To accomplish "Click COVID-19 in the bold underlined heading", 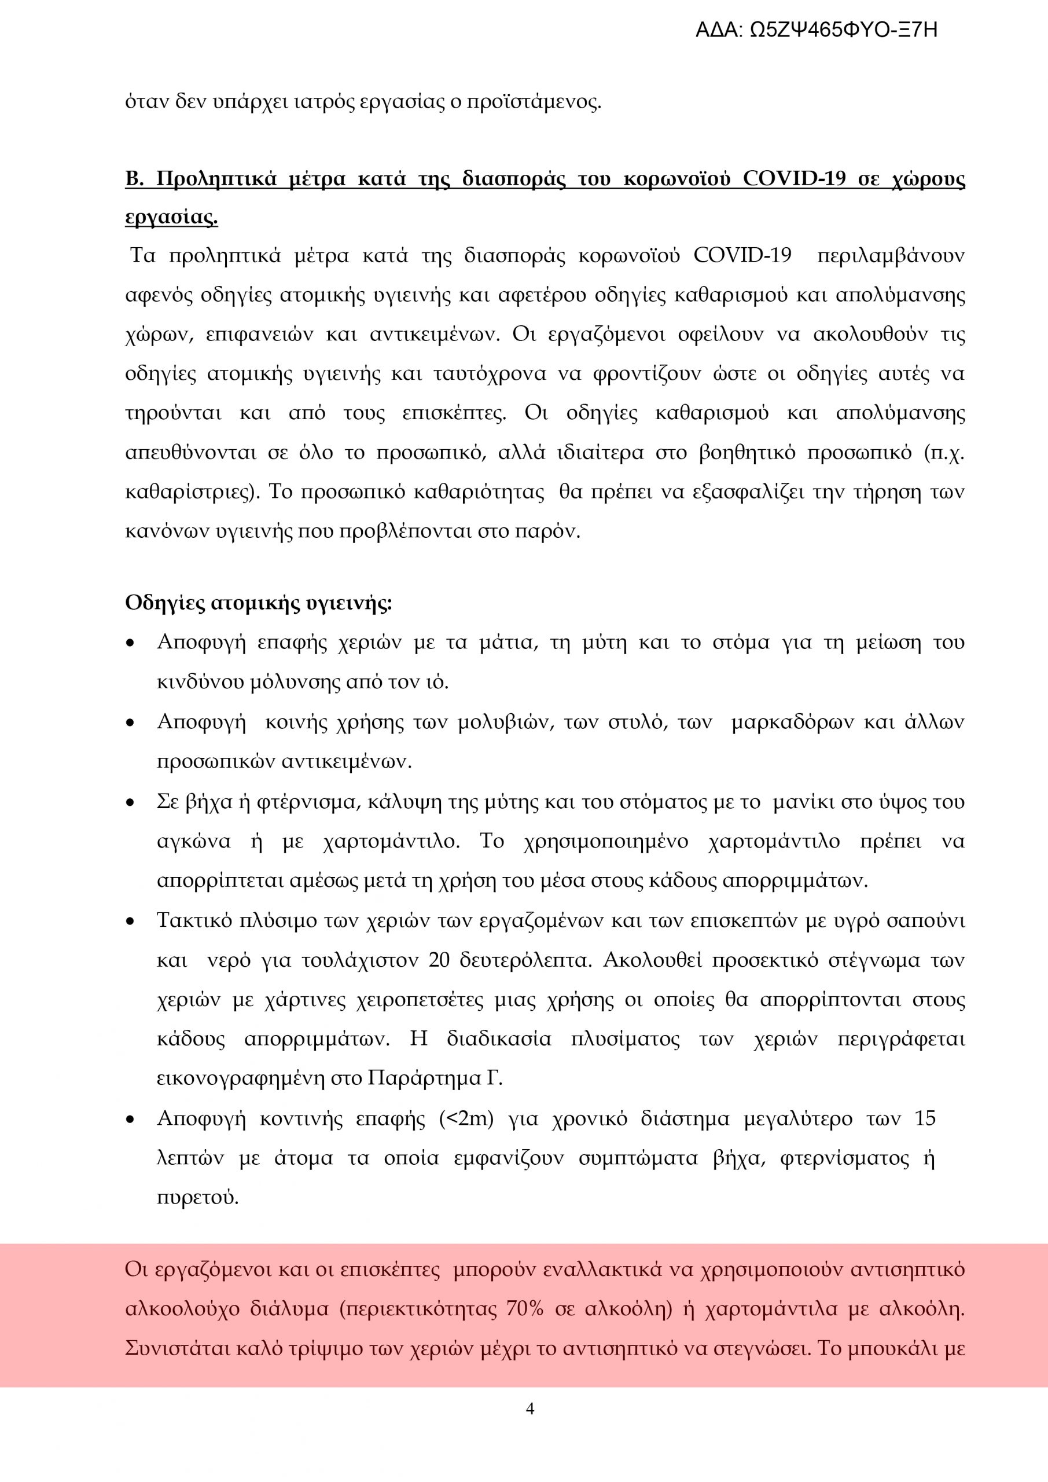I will pyautogui.click(x=794, y=178).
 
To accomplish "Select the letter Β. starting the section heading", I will pyautogui.click(x=134, y=178).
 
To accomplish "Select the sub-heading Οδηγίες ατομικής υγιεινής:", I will pyautogui.click(x=258, y=604).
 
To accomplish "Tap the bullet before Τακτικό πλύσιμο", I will pyautogui.click(x=131, y=922).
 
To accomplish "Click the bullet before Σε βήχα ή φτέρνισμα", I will pyautogui.click(x=131, y=804).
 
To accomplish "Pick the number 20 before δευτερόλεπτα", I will pyautogui.click(x=439, y=960).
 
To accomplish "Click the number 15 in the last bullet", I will pyautogui.click(x=925, y=1118).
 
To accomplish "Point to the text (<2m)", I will pyautogui.click(x=466, y=1118).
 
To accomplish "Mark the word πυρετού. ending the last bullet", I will pyautogui.click(x=197, y=1198).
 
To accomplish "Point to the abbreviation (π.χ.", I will pyautogui.click(x=943, y=453).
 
